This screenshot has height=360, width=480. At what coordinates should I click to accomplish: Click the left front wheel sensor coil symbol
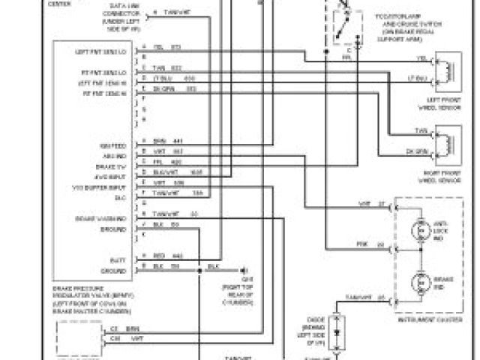point(448,67)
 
